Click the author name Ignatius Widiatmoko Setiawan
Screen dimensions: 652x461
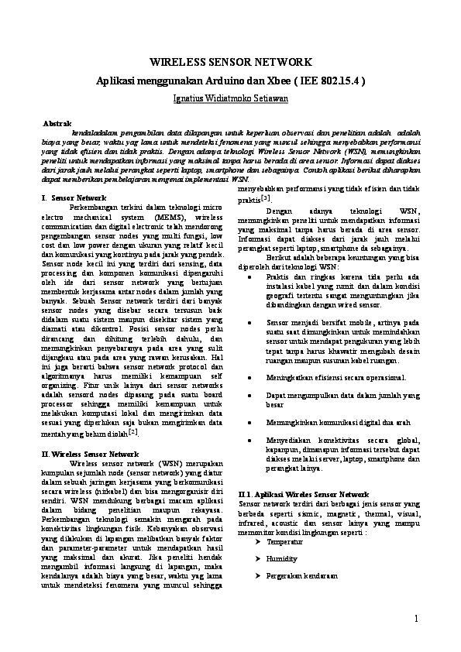230,98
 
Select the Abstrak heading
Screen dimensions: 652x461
57,124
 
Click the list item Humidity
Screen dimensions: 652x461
281,558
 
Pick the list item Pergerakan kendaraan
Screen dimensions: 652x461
302,577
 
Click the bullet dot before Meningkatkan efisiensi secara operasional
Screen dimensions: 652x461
248,377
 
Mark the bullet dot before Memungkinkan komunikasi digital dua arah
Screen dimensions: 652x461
248,423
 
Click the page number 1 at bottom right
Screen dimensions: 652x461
416,617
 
